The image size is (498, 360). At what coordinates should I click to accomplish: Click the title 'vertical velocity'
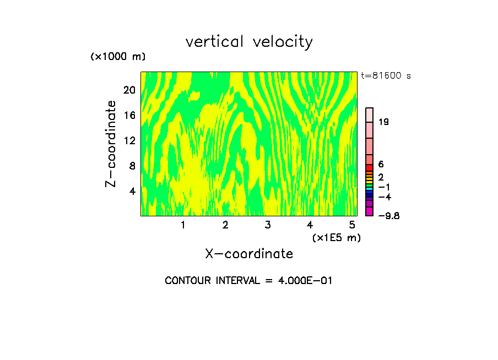pos(249,42)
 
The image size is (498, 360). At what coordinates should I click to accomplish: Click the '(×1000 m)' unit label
pos(118,57)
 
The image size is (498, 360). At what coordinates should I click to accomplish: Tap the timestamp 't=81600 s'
pos(386,76)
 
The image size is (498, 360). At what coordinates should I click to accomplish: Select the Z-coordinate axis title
pos(111,144)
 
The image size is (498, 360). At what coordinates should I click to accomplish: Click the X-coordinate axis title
pos(249,254)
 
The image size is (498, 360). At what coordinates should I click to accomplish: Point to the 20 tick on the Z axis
pos(128,90)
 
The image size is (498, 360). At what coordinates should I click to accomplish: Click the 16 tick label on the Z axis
pos(128,116)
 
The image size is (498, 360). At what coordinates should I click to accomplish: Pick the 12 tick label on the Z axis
pos(128,141)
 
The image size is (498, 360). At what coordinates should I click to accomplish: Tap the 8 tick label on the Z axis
pos(132,166)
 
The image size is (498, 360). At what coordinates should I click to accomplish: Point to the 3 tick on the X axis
pos(267,225)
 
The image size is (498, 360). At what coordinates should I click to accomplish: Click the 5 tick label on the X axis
pos(352,225)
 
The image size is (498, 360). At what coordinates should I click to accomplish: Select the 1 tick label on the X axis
pos(183,225)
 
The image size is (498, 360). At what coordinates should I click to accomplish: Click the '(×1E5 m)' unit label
pos(336,237)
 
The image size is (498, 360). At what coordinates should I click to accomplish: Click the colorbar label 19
pos(384,122)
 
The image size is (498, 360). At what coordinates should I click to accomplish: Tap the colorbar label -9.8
pos(388,216)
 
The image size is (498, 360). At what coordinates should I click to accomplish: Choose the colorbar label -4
pos(385,197)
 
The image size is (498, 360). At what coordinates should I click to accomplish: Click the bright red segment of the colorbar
pos(370,167)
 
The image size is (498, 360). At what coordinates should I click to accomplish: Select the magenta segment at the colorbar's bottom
pos(370,211)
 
